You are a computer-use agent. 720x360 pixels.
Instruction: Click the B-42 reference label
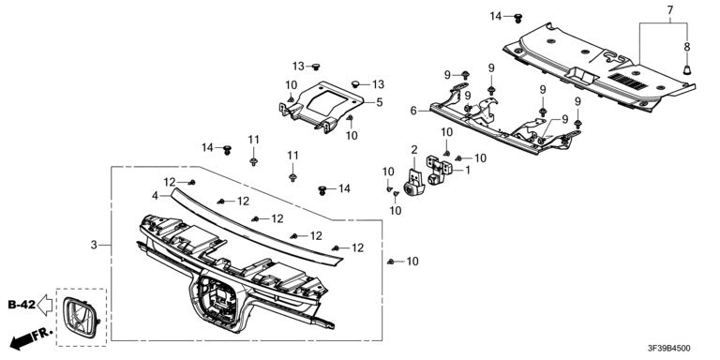click(x=22, y=305)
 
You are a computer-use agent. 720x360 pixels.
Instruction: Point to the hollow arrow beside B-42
click(x=45, y=305)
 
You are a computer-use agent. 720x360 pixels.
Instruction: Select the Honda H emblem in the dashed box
click(x=82, y=318)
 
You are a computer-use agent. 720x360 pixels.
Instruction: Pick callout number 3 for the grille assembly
click(x=94, y=246)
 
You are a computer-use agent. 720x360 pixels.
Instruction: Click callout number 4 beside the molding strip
click(x=156, y=196)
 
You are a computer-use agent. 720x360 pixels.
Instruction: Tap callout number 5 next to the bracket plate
click(x=380, y=102)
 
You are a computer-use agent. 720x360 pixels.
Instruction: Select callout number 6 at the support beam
click(x=413, y=112)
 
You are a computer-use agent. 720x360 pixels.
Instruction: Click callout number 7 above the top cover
click(x=670, y=9)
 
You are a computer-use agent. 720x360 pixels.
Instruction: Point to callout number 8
click(x=687, y=46)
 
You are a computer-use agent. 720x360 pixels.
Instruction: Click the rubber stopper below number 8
click(x=687, y=69)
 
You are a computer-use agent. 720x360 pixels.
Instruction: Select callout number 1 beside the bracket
click(x=468, y=171)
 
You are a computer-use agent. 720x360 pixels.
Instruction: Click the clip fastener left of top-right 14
click(x=518, y=18)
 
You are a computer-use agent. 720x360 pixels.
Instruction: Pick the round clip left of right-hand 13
click(x=356, y=83)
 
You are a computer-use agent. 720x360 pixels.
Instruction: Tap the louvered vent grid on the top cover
click(x=628, y=81)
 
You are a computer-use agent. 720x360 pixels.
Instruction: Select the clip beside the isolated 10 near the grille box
click(x=390, y=262)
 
